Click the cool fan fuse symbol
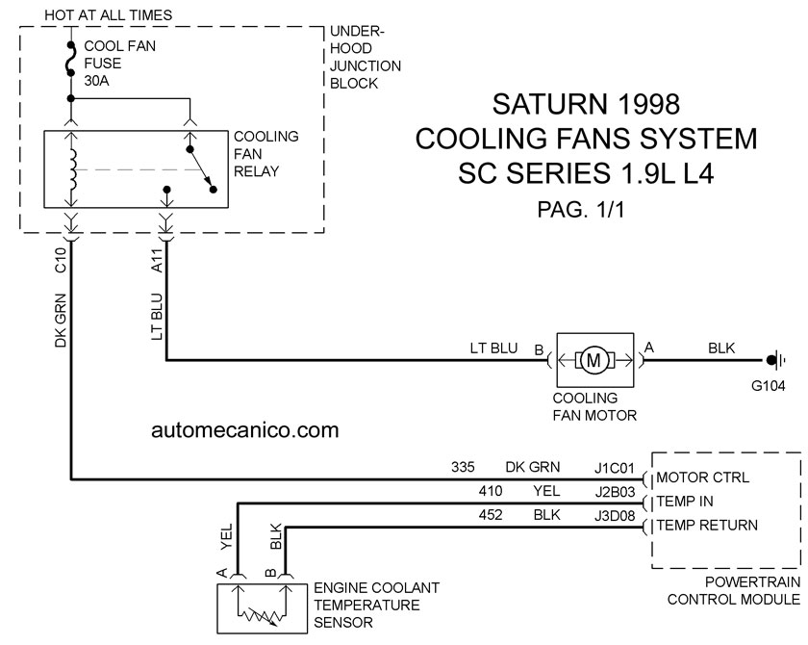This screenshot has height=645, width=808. tap(71, 60)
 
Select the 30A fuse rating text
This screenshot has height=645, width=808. tap(96, 81)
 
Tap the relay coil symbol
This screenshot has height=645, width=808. tap(72, 169)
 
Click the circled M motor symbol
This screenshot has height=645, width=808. tap(594, 360)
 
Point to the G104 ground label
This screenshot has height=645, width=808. tap(768, 386)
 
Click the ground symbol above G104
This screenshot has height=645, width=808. tap(775, 360)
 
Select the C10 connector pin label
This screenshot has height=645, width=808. tap(61, 260)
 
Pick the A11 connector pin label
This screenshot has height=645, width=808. tap(157, 261)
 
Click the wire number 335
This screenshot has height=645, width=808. tap(463, 467)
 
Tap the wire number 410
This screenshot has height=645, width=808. tap(490, 491)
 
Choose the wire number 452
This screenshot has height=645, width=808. tap(490, 515)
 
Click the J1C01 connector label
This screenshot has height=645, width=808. tap(615, 468)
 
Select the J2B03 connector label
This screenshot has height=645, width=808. tap(615, 492)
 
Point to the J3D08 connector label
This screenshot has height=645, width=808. tap(615, 516)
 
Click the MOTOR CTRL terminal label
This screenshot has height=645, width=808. tap(702, 477)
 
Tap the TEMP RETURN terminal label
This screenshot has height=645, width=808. tap(707, 526)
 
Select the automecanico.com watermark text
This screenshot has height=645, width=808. tap(244, 430)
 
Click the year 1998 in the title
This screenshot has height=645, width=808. tap(647, 104)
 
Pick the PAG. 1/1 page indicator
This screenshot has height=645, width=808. tap(581, 209)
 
